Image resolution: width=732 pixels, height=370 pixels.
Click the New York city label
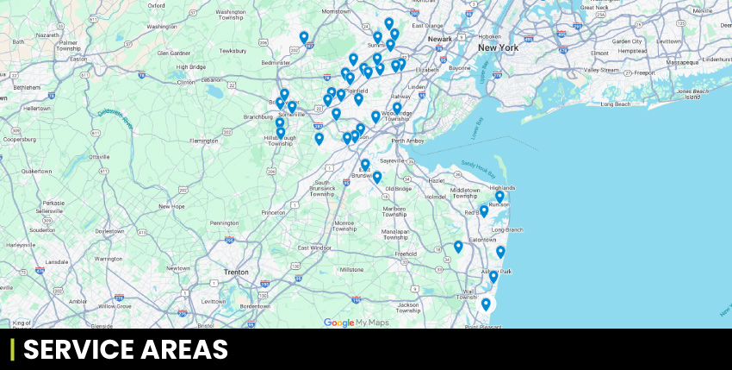click(498, 47)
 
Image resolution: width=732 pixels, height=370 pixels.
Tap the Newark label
click(440, 39)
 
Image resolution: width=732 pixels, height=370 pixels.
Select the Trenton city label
click(235, 272)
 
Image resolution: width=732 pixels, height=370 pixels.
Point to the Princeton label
click(273, 212)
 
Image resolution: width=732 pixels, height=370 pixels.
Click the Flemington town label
click(204, 140)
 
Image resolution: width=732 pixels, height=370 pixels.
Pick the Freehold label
click(405, 254)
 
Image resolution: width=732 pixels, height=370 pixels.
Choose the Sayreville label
click(392, 160)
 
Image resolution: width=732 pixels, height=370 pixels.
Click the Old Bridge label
click(398, 188)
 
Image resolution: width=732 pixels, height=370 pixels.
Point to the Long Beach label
click(616, 103)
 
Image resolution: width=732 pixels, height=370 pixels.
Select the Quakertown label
click(36, 171)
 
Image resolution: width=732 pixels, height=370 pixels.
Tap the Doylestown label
click(109, 230)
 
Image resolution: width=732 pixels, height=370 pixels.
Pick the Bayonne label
click(460, 67)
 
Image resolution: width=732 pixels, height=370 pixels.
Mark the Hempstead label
click(631, 51)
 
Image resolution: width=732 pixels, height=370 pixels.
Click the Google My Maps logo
click(356, 323)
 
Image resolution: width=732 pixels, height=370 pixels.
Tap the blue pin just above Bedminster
click(304, 37)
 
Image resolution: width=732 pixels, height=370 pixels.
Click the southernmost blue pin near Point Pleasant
click(486, 304)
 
